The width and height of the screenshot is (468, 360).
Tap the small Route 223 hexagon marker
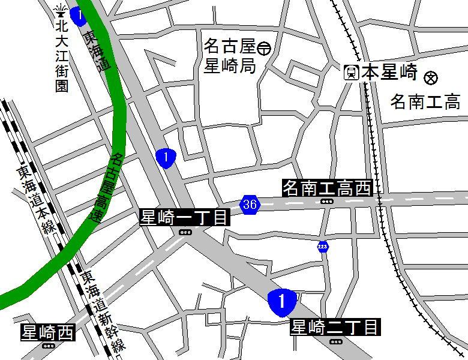[x=323, y=247]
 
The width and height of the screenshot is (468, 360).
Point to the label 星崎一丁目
[x=185, y=217]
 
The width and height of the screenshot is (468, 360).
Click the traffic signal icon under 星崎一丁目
[x=185, y=232]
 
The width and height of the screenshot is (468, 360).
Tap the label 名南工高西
[x=327, y=188]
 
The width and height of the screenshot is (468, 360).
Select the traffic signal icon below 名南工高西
[x=327, y=202]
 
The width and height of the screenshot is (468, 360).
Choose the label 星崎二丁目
[x=335, y=328]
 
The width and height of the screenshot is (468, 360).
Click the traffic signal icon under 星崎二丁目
[x=335, y=341]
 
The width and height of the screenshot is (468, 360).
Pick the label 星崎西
[x=48, y=332]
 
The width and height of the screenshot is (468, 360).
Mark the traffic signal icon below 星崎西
[x=48, y=346]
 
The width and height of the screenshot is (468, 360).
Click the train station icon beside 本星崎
[x=352, y=73]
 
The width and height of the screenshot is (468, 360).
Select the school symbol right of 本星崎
[x=431, y=77]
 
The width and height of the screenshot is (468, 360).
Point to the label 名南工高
[x=425, y=101]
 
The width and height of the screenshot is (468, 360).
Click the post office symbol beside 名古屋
[x=265, y=46]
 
